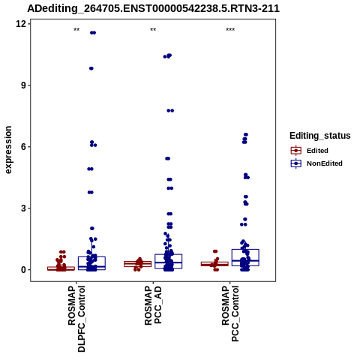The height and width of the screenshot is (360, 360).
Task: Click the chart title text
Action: [153, 8]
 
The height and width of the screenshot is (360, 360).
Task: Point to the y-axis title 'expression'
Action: [8, 150]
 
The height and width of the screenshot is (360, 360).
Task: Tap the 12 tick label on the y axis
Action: [21, 24]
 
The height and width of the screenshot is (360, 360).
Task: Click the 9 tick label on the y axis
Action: [24, 85]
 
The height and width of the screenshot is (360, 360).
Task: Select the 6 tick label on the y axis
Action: [24, 146]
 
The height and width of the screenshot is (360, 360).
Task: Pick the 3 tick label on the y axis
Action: [24, 208]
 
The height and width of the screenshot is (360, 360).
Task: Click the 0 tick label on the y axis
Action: [24, 270]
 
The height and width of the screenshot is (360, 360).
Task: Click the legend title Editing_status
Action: [320, 136]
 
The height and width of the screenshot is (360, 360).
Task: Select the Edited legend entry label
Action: [317, 151]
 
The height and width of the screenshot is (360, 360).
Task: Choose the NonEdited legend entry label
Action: [325, 163]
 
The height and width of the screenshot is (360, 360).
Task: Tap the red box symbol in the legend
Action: [296, 151]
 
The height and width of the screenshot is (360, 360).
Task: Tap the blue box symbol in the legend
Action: [296, 163]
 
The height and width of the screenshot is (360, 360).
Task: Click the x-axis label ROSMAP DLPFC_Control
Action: [76, 319]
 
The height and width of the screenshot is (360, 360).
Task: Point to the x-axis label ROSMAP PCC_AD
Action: [153, 305]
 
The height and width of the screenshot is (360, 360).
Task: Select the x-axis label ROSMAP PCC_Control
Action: [230, 313]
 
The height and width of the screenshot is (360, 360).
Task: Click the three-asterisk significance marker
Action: [230, 30]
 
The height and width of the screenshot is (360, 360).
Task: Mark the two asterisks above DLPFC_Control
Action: [76, 30]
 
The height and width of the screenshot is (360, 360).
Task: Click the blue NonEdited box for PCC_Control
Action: [245, 257]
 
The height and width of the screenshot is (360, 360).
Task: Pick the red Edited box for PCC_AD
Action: [138, 264]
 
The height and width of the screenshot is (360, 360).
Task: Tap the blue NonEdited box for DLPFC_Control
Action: [91, 263]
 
